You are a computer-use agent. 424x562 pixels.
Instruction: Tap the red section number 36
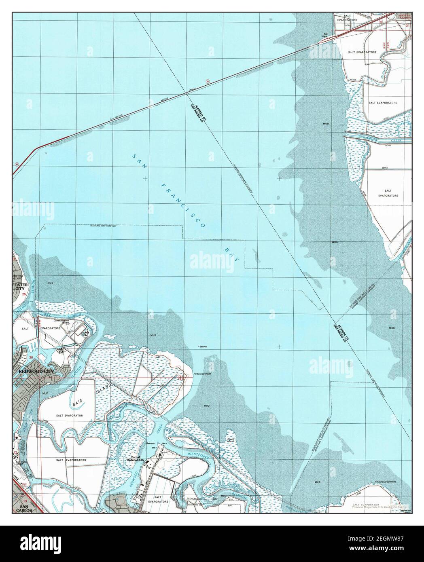click(31, 357)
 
